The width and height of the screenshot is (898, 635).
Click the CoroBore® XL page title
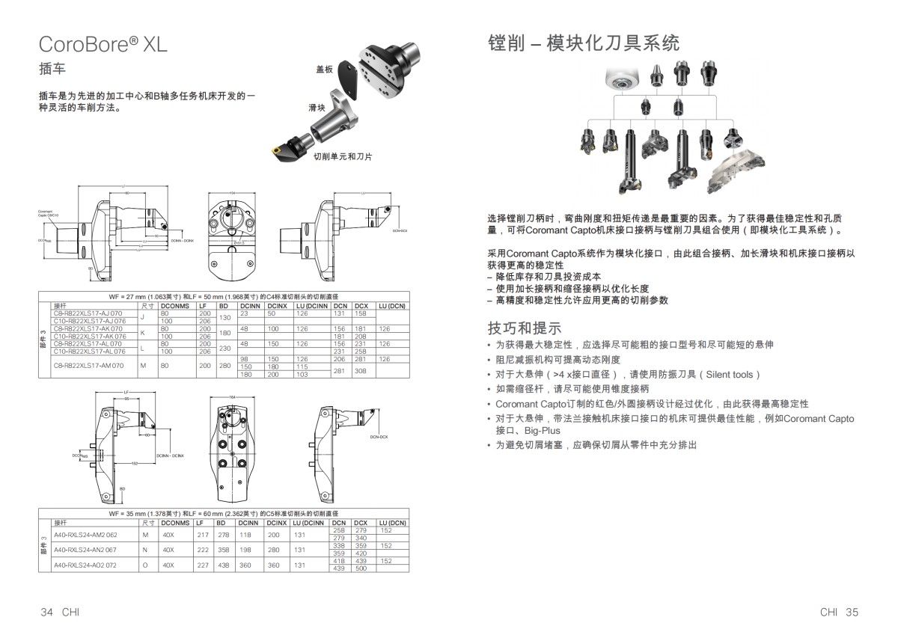click(x=103, y=44)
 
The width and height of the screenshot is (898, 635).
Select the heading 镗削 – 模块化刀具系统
click(x=583, y=43)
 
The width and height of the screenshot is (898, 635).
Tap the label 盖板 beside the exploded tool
click(x=324, y=70)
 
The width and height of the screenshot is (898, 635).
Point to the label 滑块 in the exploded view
click(x=317, y=108)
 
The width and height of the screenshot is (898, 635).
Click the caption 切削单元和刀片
click(x=343, y=156)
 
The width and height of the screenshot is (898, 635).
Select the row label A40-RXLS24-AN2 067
click(x=85, y=550)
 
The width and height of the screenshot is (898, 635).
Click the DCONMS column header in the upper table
click(x=174, y=306)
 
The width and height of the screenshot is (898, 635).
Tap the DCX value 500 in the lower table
click(x=361, y=569)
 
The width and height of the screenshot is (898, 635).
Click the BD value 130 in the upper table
click(x=223, y=317)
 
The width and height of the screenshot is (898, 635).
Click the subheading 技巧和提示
click(x=524, y=328)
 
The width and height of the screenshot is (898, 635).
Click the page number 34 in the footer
click(x=46, y=612)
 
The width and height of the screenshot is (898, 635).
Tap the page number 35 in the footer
click(x=852, y=612)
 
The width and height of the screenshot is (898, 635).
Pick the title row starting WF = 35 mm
click(x=223, y=515)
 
